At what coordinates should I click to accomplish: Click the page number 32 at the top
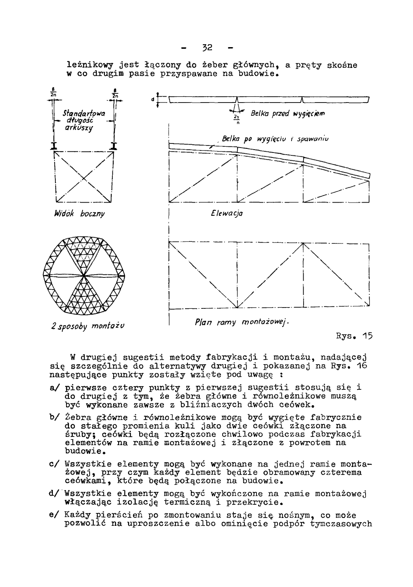207,48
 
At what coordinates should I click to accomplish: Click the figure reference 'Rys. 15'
355,336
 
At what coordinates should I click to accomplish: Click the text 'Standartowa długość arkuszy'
84,120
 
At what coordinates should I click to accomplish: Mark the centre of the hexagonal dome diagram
84,275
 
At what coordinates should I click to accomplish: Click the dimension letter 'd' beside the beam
152,100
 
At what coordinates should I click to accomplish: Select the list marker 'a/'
54,388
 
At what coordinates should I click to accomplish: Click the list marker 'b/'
54,418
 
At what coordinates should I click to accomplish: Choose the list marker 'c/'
54,464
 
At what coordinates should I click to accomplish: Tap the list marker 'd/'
54,494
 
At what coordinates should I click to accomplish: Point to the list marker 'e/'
54,515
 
